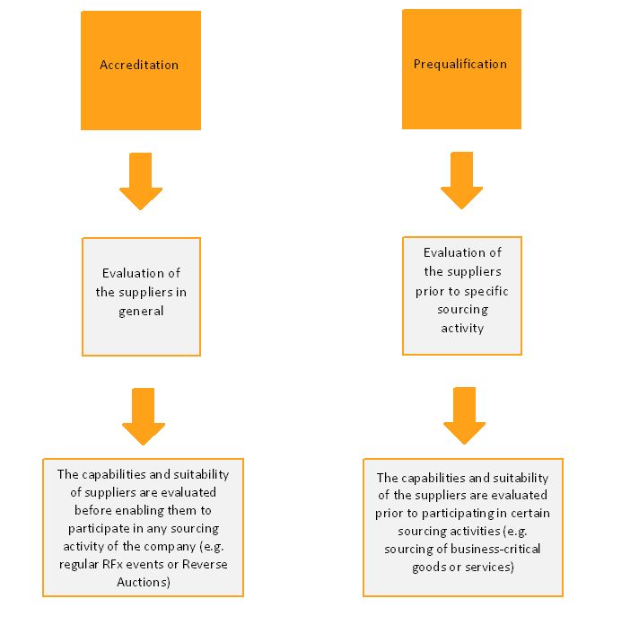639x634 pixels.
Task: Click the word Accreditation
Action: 139,65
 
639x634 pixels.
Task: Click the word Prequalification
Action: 460,65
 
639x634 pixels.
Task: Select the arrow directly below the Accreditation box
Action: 141,181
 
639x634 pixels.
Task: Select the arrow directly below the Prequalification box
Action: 461,181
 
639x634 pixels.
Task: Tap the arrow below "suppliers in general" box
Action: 144,417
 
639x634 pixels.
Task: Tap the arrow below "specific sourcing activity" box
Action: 464,416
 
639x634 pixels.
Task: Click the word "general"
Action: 141,312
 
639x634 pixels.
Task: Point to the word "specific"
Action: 486,292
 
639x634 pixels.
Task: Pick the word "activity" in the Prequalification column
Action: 462,329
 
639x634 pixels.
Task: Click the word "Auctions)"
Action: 144,582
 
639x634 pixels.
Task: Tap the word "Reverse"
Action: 205,564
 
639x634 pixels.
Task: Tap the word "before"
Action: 92,510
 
